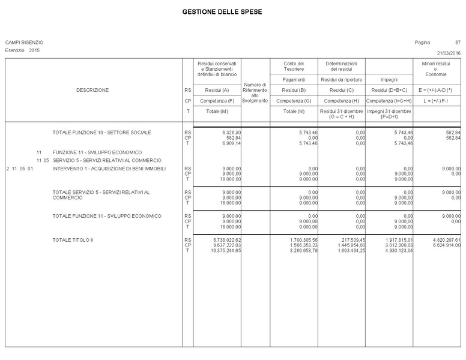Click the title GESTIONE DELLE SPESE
click(222, 12)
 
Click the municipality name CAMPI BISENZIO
click(24, 43)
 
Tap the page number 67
click(458, 43)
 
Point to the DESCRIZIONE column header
click(92, 90)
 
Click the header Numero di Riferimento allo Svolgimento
click(255, 92)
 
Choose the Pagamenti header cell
click(294, 79)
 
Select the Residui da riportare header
click(341, 79)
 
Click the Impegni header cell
click(389, 79)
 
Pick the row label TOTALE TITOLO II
click(73, 240)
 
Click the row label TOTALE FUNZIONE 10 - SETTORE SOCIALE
click(101, 132)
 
